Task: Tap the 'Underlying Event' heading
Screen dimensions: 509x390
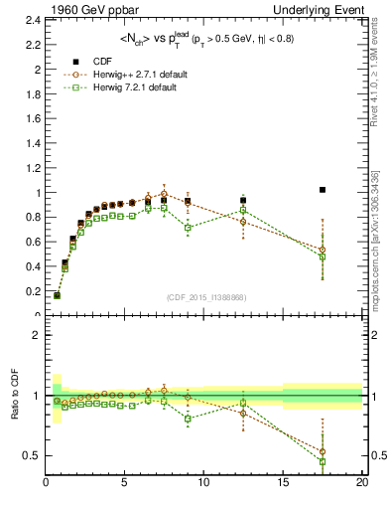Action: tap(322, 9)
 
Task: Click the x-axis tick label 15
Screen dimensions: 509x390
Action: tap(284, 483)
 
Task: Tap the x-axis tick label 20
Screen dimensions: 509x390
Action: tap(362, 483)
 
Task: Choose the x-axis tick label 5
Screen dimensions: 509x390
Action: tap(125, 483)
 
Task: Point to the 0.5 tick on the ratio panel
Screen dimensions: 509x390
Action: tap(34, 455)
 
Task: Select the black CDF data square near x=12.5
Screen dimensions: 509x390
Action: tap(244, 200)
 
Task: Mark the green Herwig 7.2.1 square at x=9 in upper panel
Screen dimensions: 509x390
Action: tap(188, 228)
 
